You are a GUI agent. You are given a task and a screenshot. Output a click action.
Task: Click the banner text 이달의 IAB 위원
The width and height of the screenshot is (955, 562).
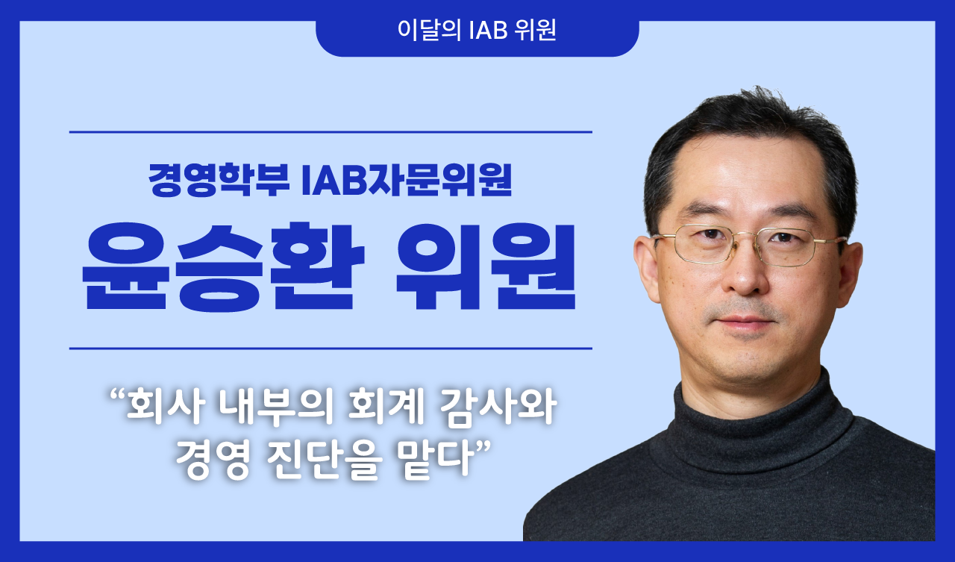point(477,32)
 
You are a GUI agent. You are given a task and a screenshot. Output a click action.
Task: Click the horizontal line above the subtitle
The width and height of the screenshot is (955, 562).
point(331,132)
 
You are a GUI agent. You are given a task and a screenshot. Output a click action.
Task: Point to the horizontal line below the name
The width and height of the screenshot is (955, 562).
point(331,348)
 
